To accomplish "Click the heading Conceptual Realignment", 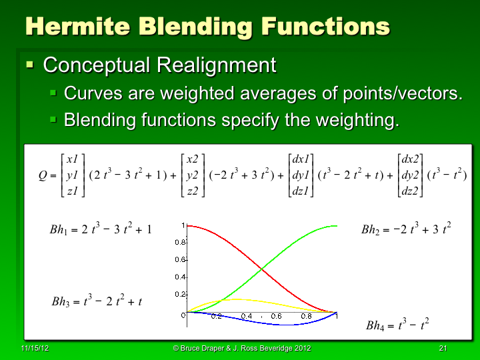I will click(159, 65).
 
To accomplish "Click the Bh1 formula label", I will click(101, 229).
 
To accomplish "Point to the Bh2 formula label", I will click(406, 229).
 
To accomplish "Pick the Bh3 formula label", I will click(97, 301).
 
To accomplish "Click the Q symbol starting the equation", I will click(43, 176).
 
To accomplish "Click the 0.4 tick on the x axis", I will click(247, 316).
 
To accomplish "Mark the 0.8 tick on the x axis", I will click(307, 316).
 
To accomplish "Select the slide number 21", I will click(443, 349).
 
